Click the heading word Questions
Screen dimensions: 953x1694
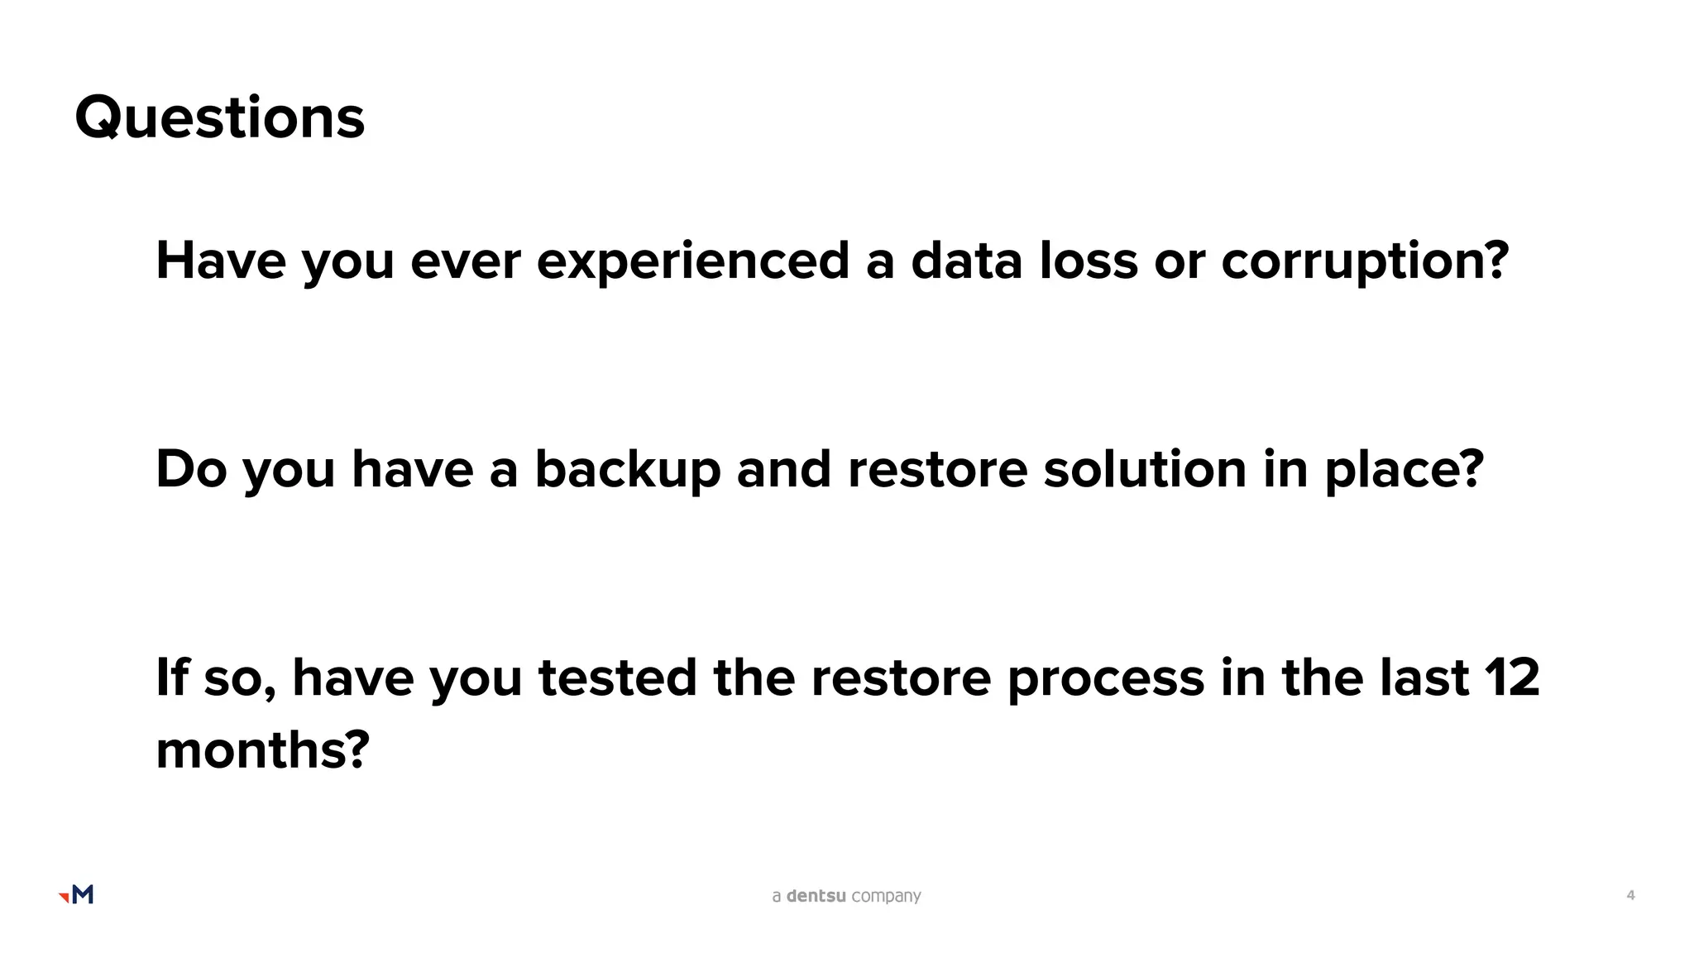219,117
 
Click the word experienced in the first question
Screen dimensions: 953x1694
693,261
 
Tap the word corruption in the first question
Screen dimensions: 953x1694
1365,261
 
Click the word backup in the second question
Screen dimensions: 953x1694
628,470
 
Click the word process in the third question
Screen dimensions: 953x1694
1105,678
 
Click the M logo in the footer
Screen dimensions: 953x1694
77,894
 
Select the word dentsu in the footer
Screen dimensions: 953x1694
816,896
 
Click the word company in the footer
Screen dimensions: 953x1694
886,897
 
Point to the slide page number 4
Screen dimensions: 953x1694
1630,895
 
